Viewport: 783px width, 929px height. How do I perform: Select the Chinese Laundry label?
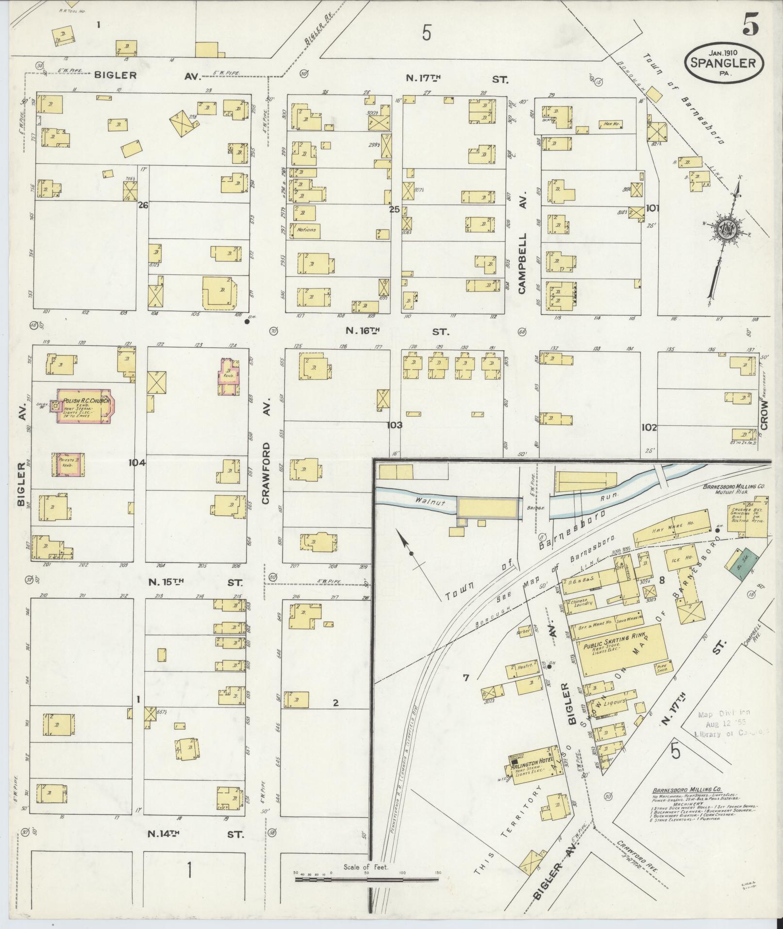tap(582, 603)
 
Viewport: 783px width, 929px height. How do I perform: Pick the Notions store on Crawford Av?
tap(306, 230)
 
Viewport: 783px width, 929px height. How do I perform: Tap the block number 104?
tap(137, 463)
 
